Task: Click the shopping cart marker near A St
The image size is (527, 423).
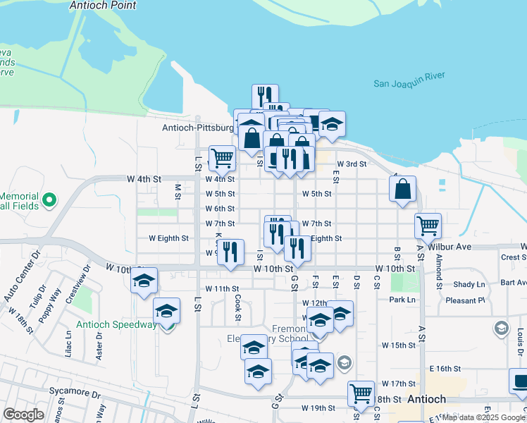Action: [x=428, y=226]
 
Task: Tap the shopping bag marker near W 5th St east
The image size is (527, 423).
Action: [x=402, y=189]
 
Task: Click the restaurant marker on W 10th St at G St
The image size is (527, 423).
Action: [x=297, y=248]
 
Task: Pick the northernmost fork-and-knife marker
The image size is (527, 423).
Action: [x=265, y=96]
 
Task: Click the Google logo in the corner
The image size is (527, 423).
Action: [x=23, y=415]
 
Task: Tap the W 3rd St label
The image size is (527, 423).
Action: [x=352, y=164]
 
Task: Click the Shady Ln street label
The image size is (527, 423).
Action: [x=470, y=285]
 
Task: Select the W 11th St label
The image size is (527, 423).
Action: [x=223, y=289]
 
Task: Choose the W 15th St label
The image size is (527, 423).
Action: [x=399, y=345]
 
